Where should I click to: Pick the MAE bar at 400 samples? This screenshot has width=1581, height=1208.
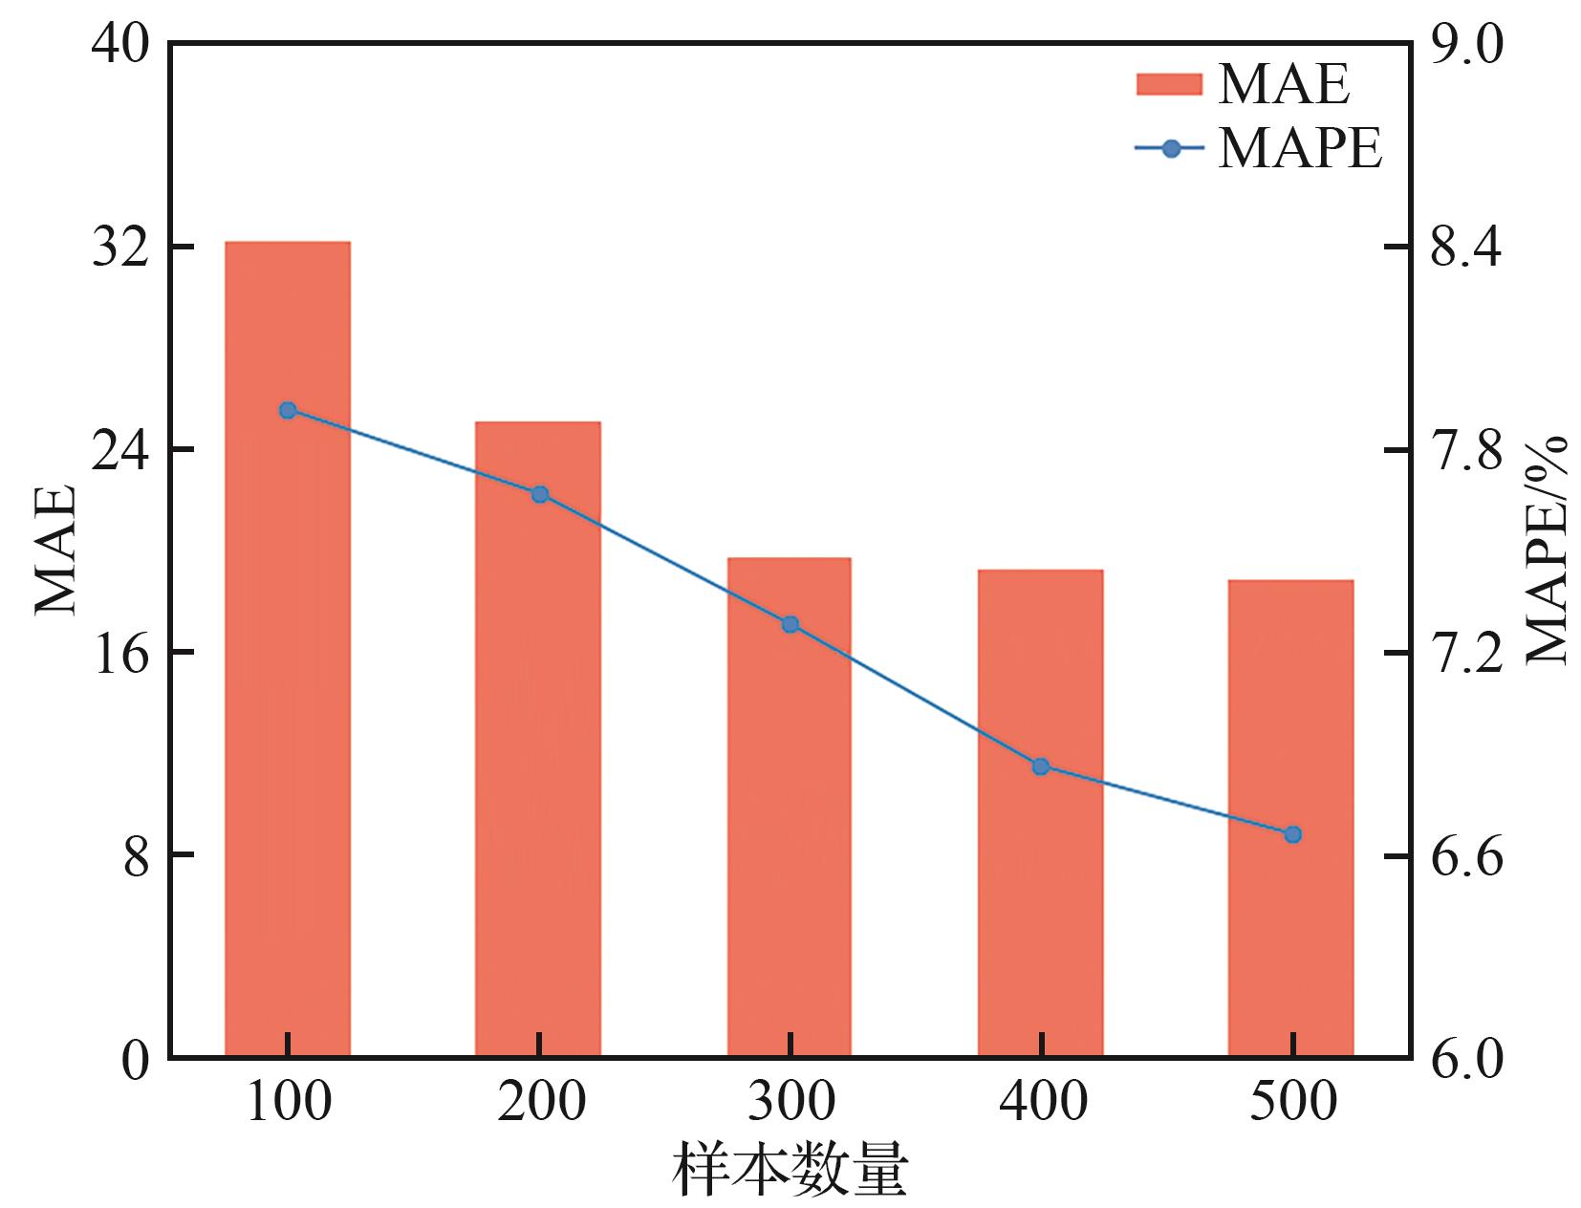click(1040, 812)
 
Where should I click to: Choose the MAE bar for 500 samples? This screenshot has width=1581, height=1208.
click(1291, 817)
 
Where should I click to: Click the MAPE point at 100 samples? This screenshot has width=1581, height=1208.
click(288, 410)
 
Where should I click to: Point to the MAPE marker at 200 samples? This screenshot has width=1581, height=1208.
click(539, 494)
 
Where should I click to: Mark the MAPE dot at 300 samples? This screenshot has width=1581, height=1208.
click(790, 624)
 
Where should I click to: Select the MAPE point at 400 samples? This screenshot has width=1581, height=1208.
click(1041, 766)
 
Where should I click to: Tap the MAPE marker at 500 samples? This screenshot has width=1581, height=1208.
click(1293, 834)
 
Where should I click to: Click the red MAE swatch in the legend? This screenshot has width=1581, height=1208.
click(1168, 84)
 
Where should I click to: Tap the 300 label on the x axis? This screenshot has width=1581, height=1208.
click(790, 1101)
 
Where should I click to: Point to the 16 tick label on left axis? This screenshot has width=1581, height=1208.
click(119, 654)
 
